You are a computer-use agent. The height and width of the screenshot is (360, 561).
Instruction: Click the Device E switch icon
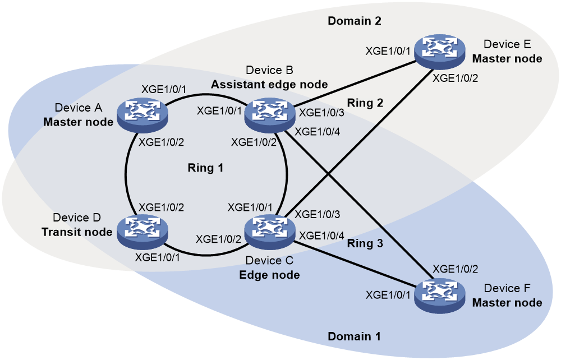[x=440, y=52]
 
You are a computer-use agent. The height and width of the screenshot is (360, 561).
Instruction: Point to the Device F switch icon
[x=440, y=296]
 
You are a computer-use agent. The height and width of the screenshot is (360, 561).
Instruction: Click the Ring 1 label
[x=205, y=168]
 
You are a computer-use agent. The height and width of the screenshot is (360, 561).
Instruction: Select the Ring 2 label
[x=365, y=103]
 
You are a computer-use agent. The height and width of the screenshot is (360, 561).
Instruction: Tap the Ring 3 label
[x=365, y=243]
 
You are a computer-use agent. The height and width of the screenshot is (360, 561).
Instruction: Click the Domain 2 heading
[x=355, y=21]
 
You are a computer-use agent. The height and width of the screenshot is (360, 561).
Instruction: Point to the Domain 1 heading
[x=354, y=336]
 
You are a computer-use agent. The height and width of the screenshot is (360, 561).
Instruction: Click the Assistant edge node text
[x=269, y=84]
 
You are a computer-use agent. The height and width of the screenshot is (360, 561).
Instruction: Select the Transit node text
[x=77, y=232]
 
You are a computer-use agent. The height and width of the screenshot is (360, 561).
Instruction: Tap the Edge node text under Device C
[x=269, y=275]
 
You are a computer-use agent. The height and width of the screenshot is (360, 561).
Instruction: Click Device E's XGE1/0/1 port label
[x=388, y=51]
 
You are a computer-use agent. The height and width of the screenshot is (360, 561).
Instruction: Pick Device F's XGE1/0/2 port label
[x=455, y=269]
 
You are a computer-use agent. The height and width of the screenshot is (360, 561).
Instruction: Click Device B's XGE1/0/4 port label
[x=317, y=132]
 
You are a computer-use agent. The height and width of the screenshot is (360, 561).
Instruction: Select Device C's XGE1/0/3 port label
[x=317, y=215]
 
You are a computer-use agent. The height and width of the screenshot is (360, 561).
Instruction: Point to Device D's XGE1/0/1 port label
[x=157, y=257]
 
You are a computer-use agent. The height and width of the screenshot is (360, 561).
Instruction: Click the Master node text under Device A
[x=78, y=122]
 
